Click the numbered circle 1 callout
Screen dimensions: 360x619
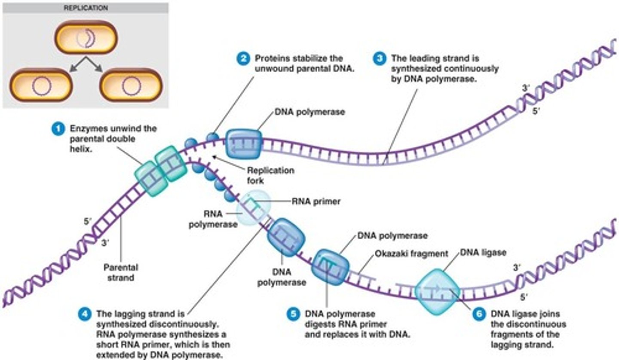coord(56,128)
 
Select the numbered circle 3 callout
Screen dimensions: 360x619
coord(379,58)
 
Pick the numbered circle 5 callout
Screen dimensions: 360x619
coord(293,314)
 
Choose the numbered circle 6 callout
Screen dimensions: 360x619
coord(479,314)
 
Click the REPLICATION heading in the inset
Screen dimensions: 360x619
coord(86,8)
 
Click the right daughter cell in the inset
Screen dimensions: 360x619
coord(131,85)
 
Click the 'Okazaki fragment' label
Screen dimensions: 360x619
coord(411,253)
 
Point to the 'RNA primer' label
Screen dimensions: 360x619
coord(316,201)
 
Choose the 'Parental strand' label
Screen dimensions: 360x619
coord(121,272)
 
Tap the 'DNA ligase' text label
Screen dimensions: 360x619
coord(483,253)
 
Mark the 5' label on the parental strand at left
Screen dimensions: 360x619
coord(88,222)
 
